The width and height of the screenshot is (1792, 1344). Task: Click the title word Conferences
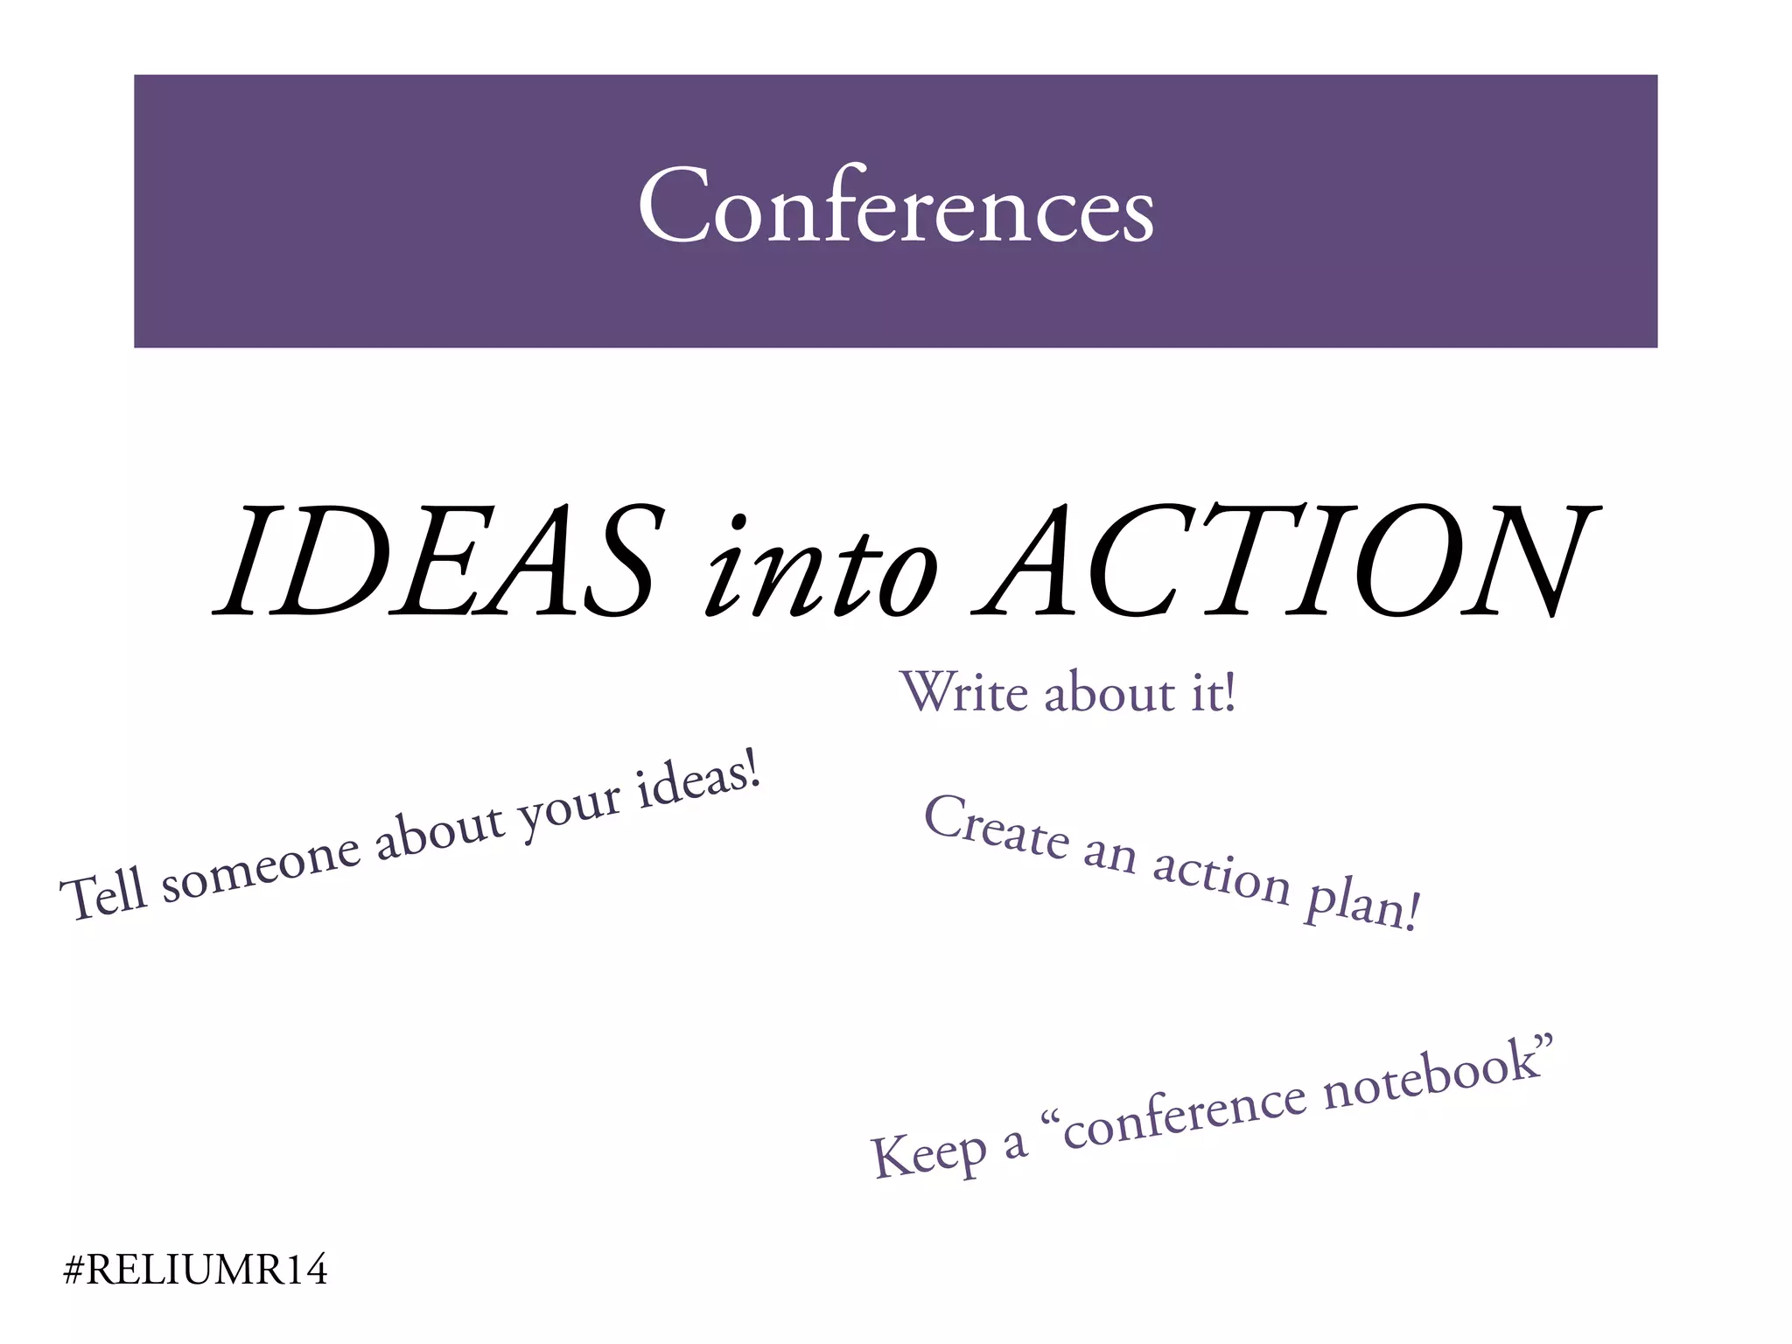896,206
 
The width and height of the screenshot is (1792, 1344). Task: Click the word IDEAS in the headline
437,560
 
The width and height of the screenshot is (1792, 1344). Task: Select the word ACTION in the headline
1286,560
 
